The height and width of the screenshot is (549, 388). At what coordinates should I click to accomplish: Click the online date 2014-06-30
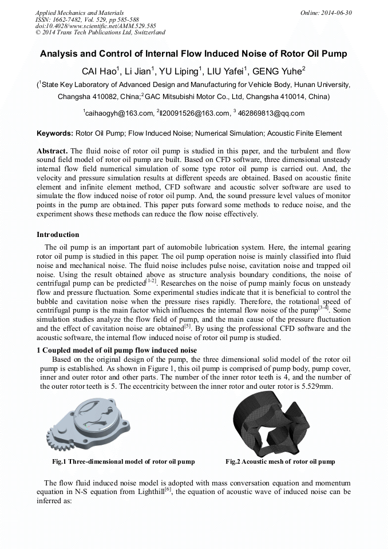click(x=334, y=12)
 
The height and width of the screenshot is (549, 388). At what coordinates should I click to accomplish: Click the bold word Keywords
click(x=54, y=133)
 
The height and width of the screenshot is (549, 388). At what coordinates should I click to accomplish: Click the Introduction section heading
click(x=58, y=235)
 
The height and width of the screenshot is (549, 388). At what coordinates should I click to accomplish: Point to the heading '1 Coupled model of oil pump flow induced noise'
click(x=117, y=350)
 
